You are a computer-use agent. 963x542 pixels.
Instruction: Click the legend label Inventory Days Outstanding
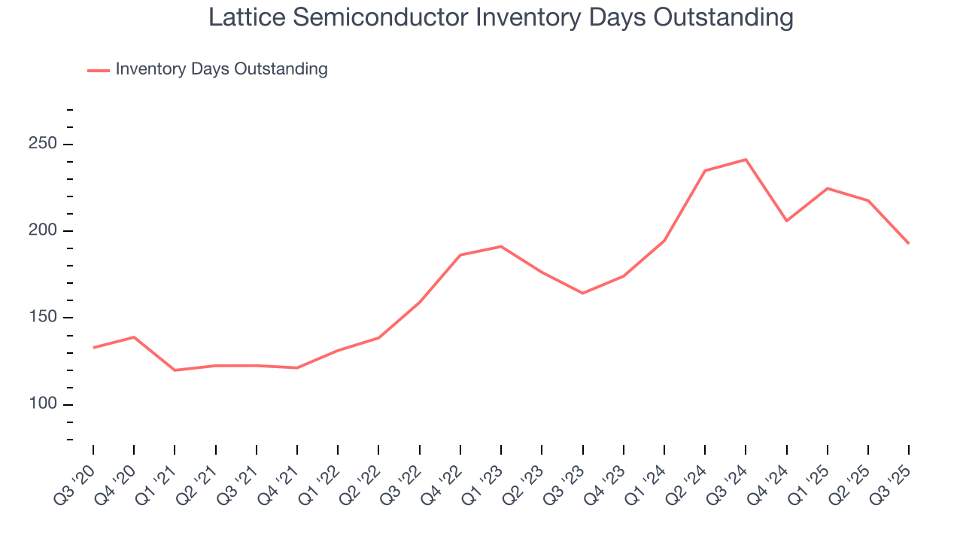point(221,69)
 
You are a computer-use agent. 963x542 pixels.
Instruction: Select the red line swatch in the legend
point(99,70)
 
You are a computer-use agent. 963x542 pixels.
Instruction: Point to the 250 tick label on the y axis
point(44,144)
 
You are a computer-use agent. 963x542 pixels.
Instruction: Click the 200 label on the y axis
point(44,230)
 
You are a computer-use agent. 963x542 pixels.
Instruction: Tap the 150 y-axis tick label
point(44,318)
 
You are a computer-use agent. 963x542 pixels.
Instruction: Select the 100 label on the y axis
point(44,404)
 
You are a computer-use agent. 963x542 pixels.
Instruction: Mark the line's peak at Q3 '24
point(746,160)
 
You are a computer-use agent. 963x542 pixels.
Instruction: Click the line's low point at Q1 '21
point(175,370)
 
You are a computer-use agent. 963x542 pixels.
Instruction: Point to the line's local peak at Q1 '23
point(501,246)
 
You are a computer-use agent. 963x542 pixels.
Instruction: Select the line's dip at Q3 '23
point(582,293)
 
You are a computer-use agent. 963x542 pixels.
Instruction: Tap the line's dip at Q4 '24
point(786,221)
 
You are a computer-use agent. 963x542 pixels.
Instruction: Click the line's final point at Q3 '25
point(908,243)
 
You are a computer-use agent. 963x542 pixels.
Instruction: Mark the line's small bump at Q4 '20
point(134,337)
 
